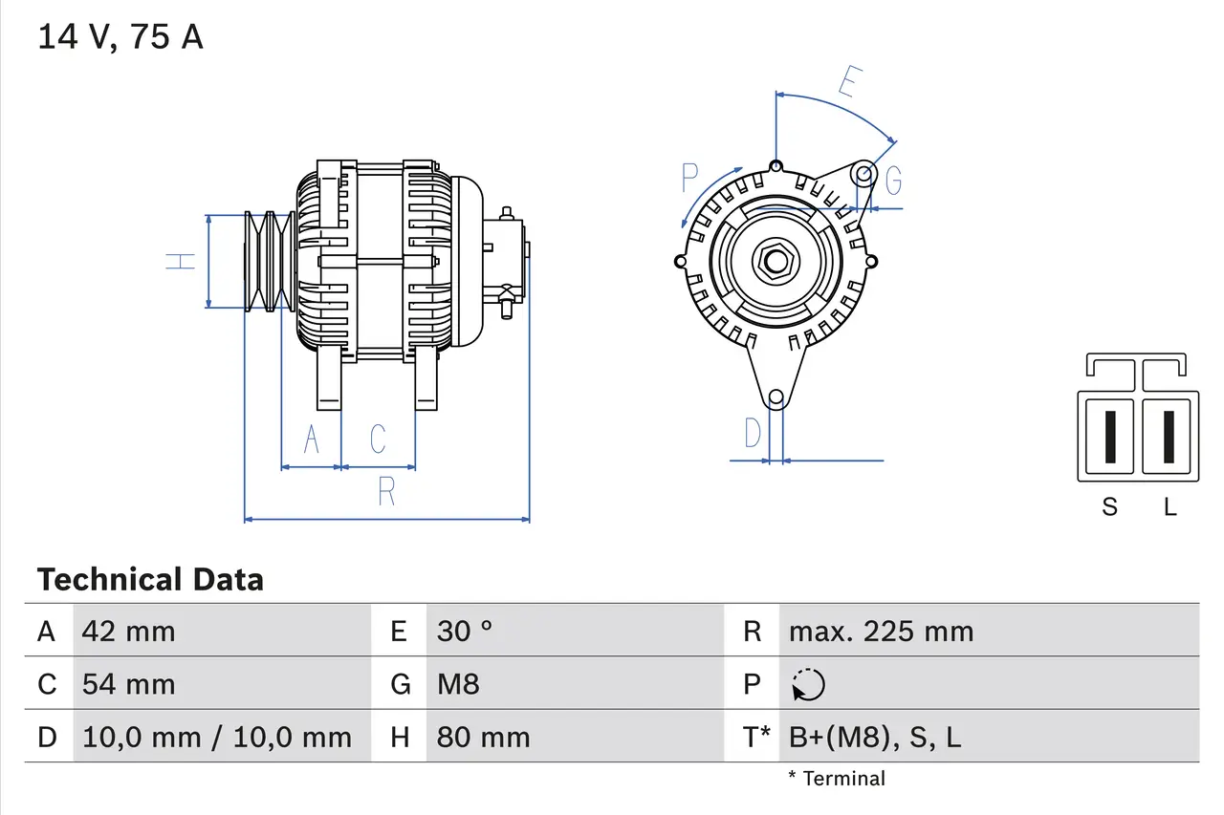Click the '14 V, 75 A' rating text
(120, 37)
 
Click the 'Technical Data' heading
(150, 579)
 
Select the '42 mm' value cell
(128, 631)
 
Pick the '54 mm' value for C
(128, 684)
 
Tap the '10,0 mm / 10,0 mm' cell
(217, 737)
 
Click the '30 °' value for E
(465, 631)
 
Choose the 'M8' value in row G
(458, 684)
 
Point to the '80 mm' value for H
(483, 737)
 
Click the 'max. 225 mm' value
(881, 631)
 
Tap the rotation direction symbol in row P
(808, 684)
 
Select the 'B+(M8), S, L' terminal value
(874, 737)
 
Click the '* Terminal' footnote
(837, 779)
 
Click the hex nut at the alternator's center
(775, 261)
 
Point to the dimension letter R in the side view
(386, 491)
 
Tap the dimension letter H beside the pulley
(181, 261)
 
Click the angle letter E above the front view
(847, 82)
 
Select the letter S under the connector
(1109, 506)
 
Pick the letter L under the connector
(1169, 506)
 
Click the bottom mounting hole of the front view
(776, 397)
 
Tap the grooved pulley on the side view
(269, 261)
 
